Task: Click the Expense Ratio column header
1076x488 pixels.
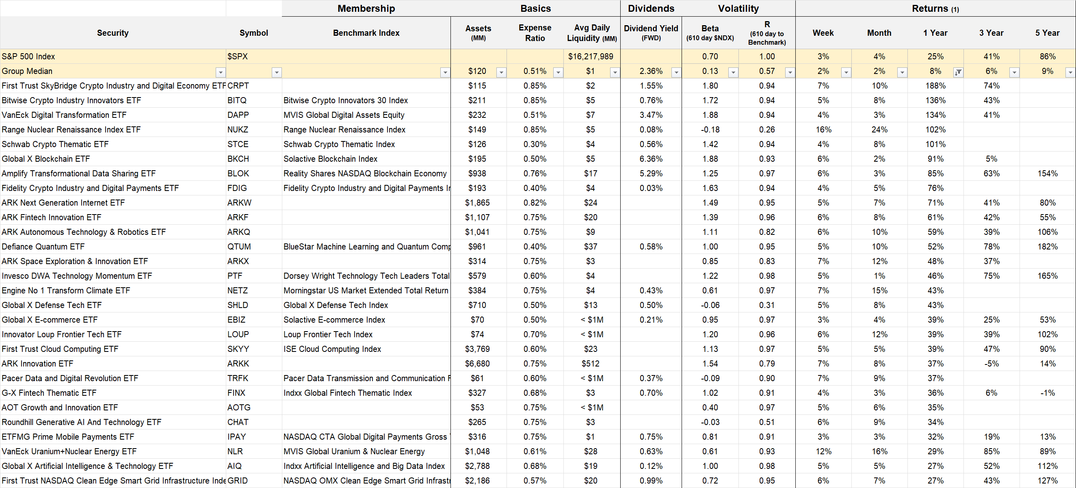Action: click(535, 33)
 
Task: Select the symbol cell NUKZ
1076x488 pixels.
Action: click(238, 130)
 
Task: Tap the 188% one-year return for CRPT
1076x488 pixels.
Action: click(935, 86)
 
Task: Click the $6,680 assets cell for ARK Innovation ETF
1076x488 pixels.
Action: click(477, 364)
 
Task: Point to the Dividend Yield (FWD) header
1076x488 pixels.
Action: click(651, 33)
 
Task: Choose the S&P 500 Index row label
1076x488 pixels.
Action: click(28, 56)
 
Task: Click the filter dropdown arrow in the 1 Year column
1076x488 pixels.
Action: click(958, 72)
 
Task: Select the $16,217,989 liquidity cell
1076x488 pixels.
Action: click(591, 56)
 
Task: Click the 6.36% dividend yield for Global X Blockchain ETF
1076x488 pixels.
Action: click(651, 159)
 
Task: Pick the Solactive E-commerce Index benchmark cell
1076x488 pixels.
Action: click(334, 320)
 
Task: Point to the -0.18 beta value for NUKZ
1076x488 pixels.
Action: click(710, 130)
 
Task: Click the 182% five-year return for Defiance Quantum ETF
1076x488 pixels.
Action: click(1047, 247)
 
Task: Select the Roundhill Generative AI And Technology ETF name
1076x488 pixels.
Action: click(82, 422)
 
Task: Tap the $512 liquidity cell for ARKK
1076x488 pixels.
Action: click(590, 364)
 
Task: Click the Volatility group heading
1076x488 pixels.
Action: click(738, 9)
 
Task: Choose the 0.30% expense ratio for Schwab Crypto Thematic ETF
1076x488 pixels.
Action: click(535, 144)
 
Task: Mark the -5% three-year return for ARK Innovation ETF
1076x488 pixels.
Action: click(991, 364)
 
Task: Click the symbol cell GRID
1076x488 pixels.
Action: click(238, 480)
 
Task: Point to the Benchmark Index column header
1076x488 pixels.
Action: click(366, 33)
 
